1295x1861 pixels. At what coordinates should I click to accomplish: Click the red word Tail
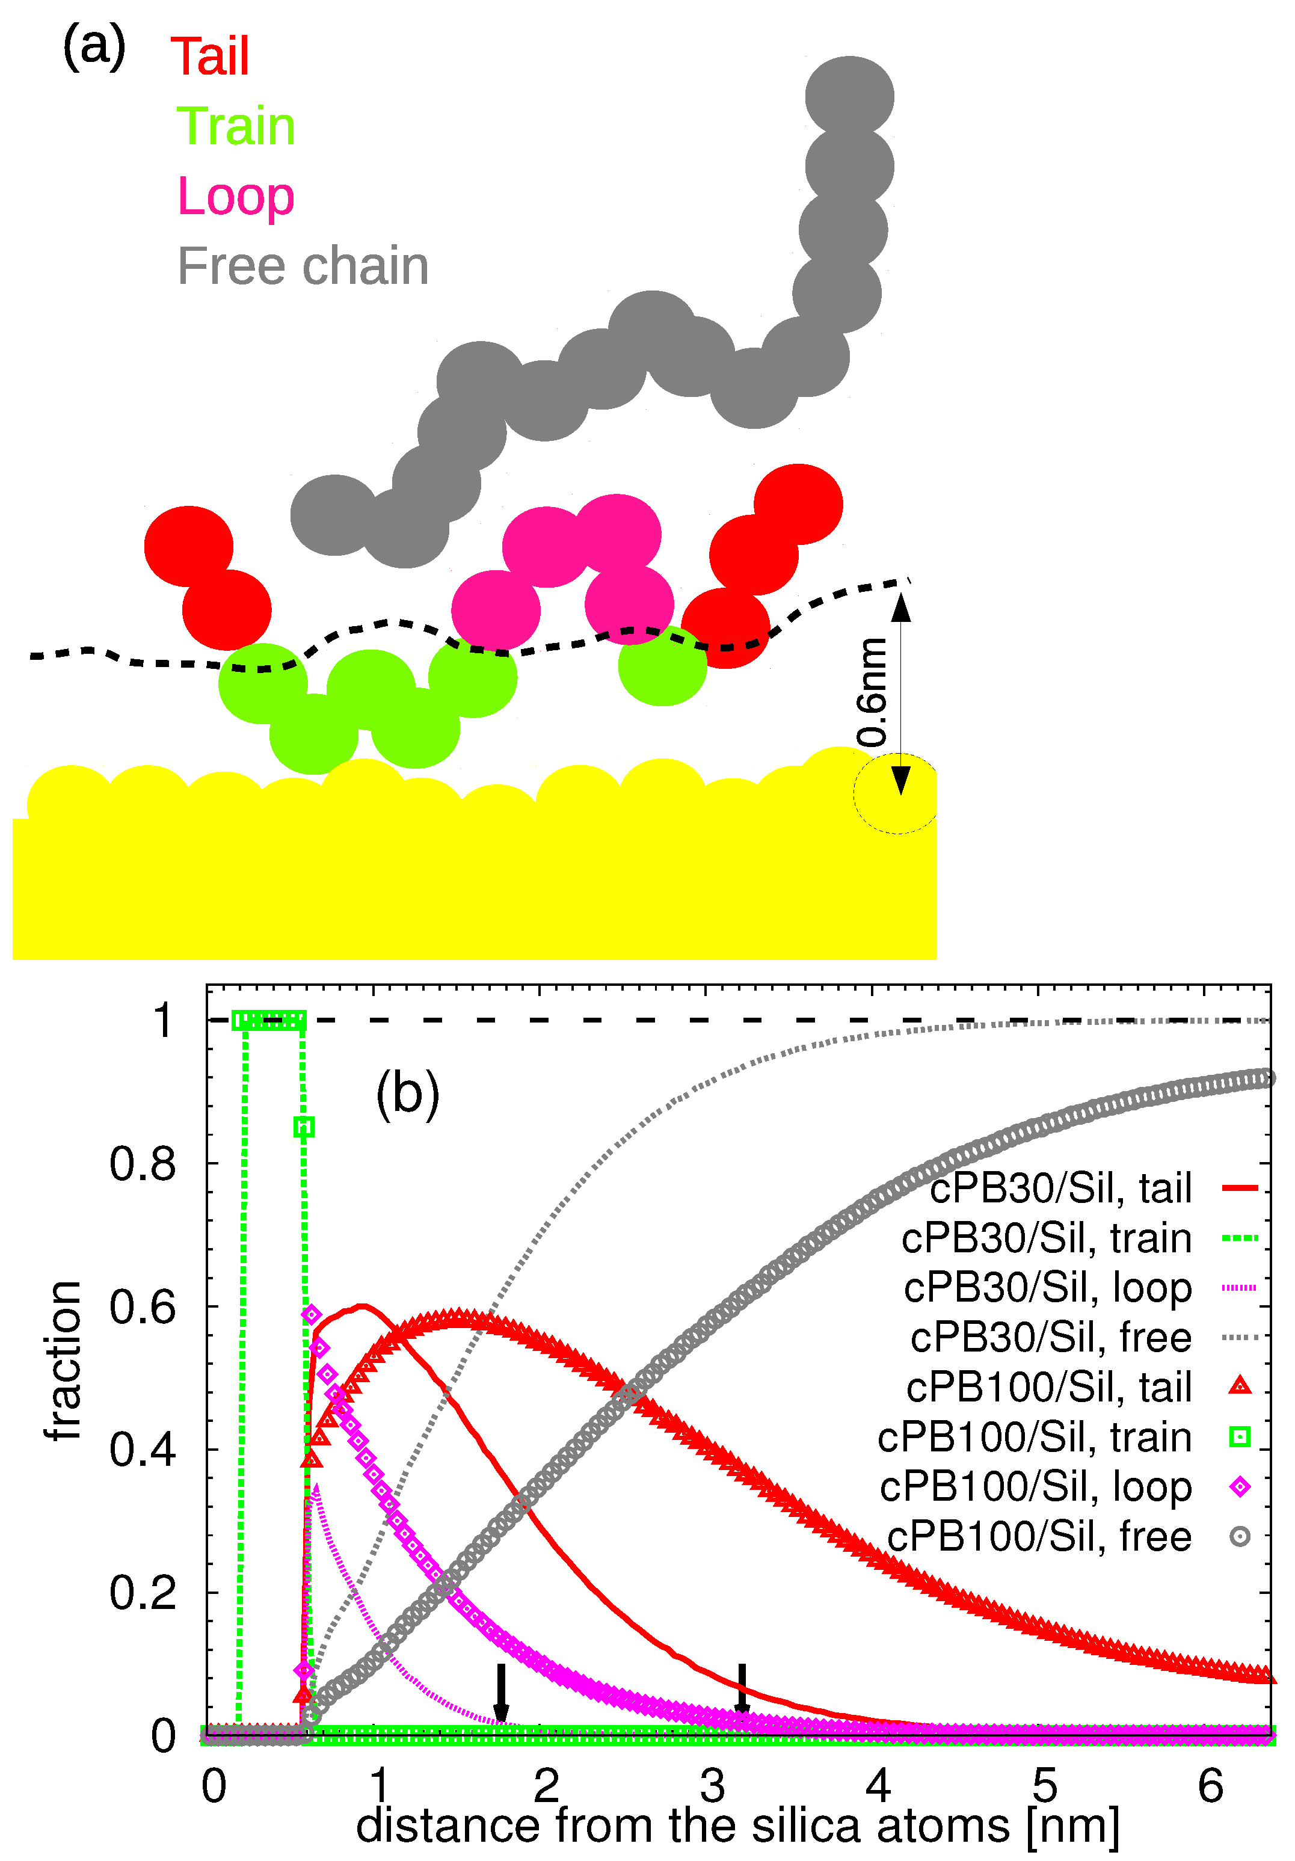pyautogui.click(x=210, y=58)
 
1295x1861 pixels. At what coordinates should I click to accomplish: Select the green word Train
pyautogui.click(x=236, y=128)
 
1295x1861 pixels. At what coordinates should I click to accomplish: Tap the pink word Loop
pyautogui.click(x=235, y=197)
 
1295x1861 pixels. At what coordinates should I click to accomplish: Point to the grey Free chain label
pyautogui.click(x=303, y=266)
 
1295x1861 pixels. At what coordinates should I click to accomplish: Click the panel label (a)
pyautogui.click(x=94, y=46)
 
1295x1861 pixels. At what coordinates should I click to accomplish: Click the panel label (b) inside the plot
pyautogui.click(x=408, y=1094)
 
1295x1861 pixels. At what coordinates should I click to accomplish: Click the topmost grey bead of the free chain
pyautogui.click(x=849, y=96)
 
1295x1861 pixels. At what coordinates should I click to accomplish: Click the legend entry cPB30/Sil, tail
pyautogui.click(x=1060, y=1189)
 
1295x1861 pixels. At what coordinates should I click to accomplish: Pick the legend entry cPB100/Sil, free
pyautogui.click(x=1039, y=1537)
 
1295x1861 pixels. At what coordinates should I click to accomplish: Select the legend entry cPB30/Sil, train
pyautogui.click(x=1046, y=1238)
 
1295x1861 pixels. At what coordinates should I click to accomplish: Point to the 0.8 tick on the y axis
pyautogui.click(x=143, y=1164)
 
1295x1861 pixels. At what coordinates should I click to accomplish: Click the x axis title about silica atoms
pyautogui.click(x=737, y=1826)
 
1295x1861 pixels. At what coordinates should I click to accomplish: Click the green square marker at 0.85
pyautogui.click(x=304, y=1127)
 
